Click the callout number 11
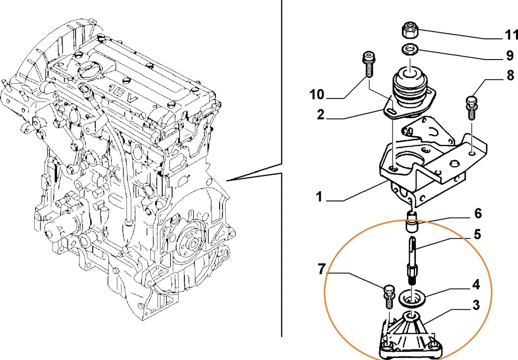tap(511, 35)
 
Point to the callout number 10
tap(316, 94)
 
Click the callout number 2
tap(321, 115)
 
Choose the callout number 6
tap(478, 213)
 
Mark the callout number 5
tap(477, 235)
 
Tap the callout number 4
tap(475, 284)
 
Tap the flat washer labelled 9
tap(410, 50)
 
